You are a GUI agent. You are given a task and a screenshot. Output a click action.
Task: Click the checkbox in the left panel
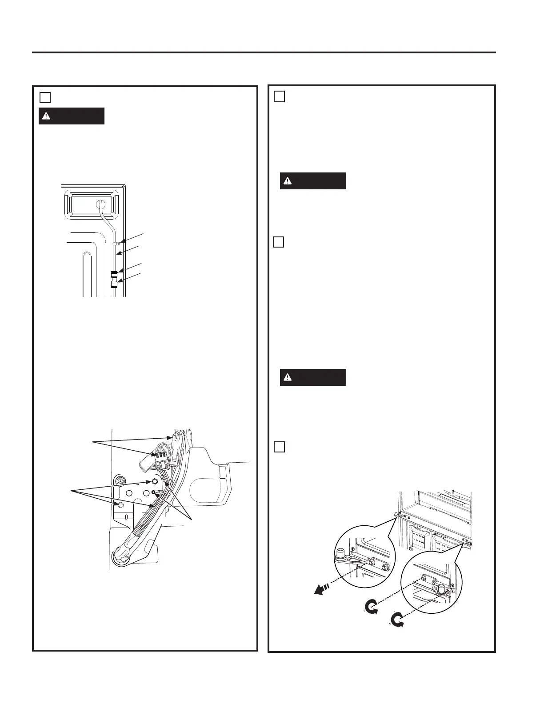click(x=45, y=97)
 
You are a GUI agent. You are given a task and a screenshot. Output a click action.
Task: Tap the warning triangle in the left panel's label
click(x=45, y=116)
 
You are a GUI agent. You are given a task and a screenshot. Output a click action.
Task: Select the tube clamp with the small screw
click(x=118, y=243)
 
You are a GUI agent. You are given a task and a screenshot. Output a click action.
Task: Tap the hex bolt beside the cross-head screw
click(x=154, y=481)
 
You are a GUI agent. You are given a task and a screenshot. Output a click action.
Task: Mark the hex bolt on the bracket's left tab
click(x=119, y=504)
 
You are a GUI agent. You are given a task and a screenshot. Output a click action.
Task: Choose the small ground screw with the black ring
click(x=153, y=492)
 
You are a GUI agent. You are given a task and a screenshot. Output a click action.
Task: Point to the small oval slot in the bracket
click(x=127, y=517)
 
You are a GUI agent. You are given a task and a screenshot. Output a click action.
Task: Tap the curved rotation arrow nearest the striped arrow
click(x=372, y=607)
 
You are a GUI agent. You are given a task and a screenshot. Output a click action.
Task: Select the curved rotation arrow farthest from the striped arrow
click(x=397, y=620)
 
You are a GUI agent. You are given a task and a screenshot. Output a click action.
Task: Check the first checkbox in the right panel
click(x=279, y=96)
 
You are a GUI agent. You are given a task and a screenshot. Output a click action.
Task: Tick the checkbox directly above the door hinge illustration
click(x=279, y=447)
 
